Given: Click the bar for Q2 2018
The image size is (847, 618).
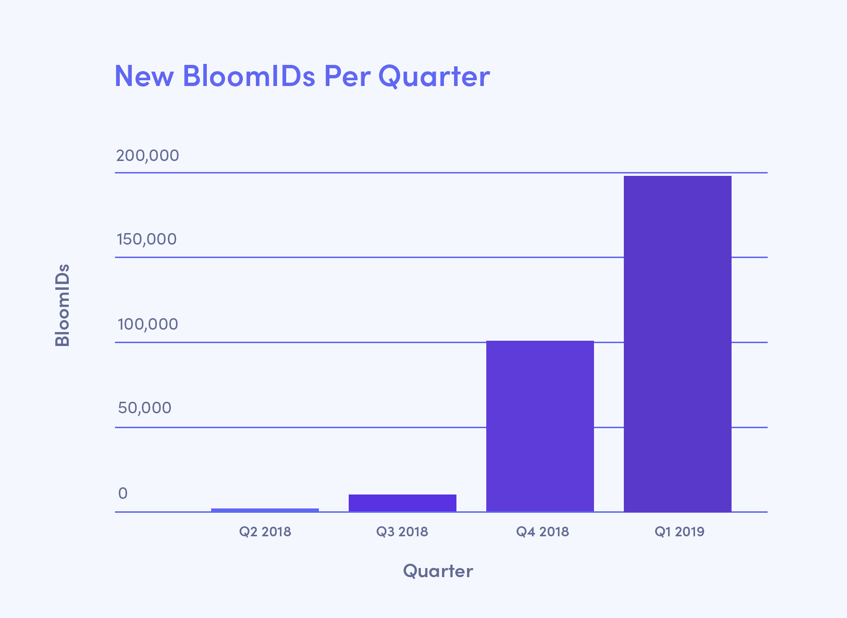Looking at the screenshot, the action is point(265,510).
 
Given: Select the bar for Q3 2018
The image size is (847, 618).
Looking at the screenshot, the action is point(403,503).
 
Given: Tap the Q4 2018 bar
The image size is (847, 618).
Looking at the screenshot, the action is point(540,426).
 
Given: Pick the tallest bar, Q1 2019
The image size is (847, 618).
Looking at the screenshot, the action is point(678,344).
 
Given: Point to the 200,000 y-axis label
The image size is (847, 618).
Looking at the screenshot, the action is point(148,156).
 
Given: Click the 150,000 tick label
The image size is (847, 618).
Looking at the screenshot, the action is point(147,239).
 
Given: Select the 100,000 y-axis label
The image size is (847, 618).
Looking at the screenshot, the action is point(148,324).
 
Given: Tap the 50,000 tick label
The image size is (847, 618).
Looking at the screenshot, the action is point(145,408).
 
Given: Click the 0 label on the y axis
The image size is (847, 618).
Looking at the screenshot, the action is point(123,494).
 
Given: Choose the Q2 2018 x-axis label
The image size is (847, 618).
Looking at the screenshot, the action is point(265,531).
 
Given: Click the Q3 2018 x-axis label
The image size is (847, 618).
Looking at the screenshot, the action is point(402,531).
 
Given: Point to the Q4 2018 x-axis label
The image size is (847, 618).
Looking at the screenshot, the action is point(543,531).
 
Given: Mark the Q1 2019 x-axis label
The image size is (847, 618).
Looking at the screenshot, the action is point(680,531).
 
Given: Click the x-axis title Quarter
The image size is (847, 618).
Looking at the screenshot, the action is point(438,571).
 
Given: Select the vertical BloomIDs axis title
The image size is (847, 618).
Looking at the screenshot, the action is point(63,305).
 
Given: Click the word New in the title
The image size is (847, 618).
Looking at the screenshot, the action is point(144,76).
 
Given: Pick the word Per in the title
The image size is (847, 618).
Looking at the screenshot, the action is point(346,76).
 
